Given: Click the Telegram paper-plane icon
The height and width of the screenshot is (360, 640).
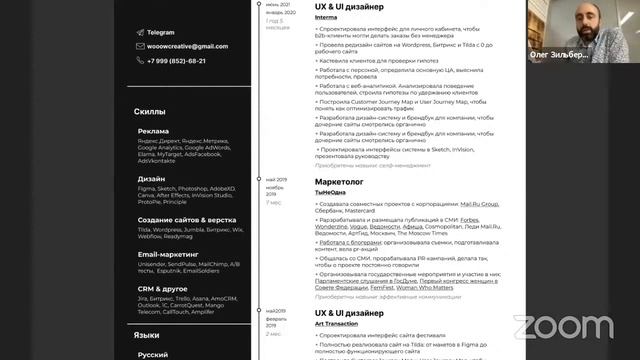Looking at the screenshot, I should coord(138,32).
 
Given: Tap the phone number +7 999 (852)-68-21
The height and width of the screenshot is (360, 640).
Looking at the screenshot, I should coord(176,60).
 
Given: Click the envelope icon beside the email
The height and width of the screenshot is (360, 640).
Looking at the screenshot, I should coord(138,46).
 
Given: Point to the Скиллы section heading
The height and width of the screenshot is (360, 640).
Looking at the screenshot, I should coord(149,111).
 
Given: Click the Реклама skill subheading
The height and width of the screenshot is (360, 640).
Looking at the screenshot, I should coord(153,131).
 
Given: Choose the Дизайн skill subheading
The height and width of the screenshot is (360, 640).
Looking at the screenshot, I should coord(151,179).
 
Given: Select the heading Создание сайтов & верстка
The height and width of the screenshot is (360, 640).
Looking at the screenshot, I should coord(187,219).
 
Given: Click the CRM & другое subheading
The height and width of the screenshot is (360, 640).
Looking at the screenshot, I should coord(163,289).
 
